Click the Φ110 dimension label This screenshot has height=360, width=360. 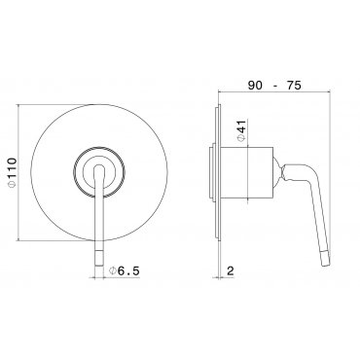(x=12, y=173)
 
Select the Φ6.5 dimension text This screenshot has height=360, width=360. (x=125, y=270)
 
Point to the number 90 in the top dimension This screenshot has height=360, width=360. (x=256, y=86)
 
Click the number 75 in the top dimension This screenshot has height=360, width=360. (x=294, y=86)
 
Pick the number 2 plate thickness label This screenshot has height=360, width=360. (x=230, y=270)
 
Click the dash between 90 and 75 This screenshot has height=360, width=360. (x=275, y=86)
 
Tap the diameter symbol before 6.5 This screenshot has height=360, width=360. (x=113, y=270)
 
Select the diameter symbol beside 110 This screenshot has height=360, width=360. (x=12, y=185)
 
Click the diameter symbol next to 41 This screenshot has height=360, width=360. (x=242, y=138)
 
